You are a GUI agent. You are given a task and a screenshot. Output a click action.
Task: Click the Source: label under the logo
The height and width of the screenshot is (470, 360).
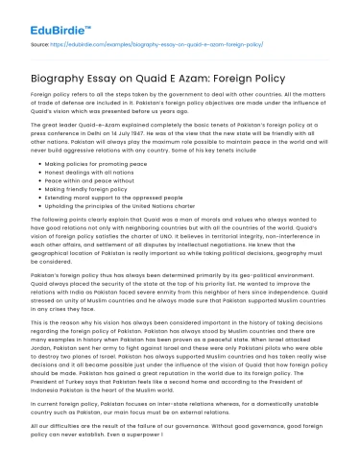tap(41, 43)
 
